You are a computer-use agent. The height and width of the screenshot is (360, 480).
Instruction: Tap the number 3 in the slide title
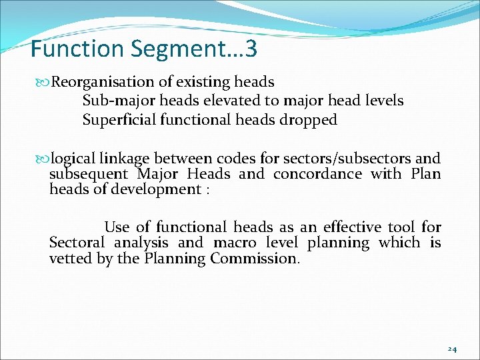[x=251, y=49]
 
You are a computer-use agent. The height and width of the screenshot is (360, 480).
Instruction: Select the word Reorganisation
[x=103, y=82]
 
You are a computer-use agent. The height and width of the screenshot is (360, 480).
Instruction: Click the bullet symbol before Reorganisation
[x=45, y=82]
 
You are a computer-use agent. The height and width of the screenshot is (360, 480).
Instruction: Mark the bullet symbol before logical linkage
[x=45, y=159]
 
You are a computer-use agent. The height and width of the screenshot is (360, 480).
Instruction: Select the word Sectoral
[x=77, y=243]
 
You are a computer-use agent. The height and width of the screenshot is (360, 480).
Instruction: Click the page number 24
[x=451, y=349]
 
